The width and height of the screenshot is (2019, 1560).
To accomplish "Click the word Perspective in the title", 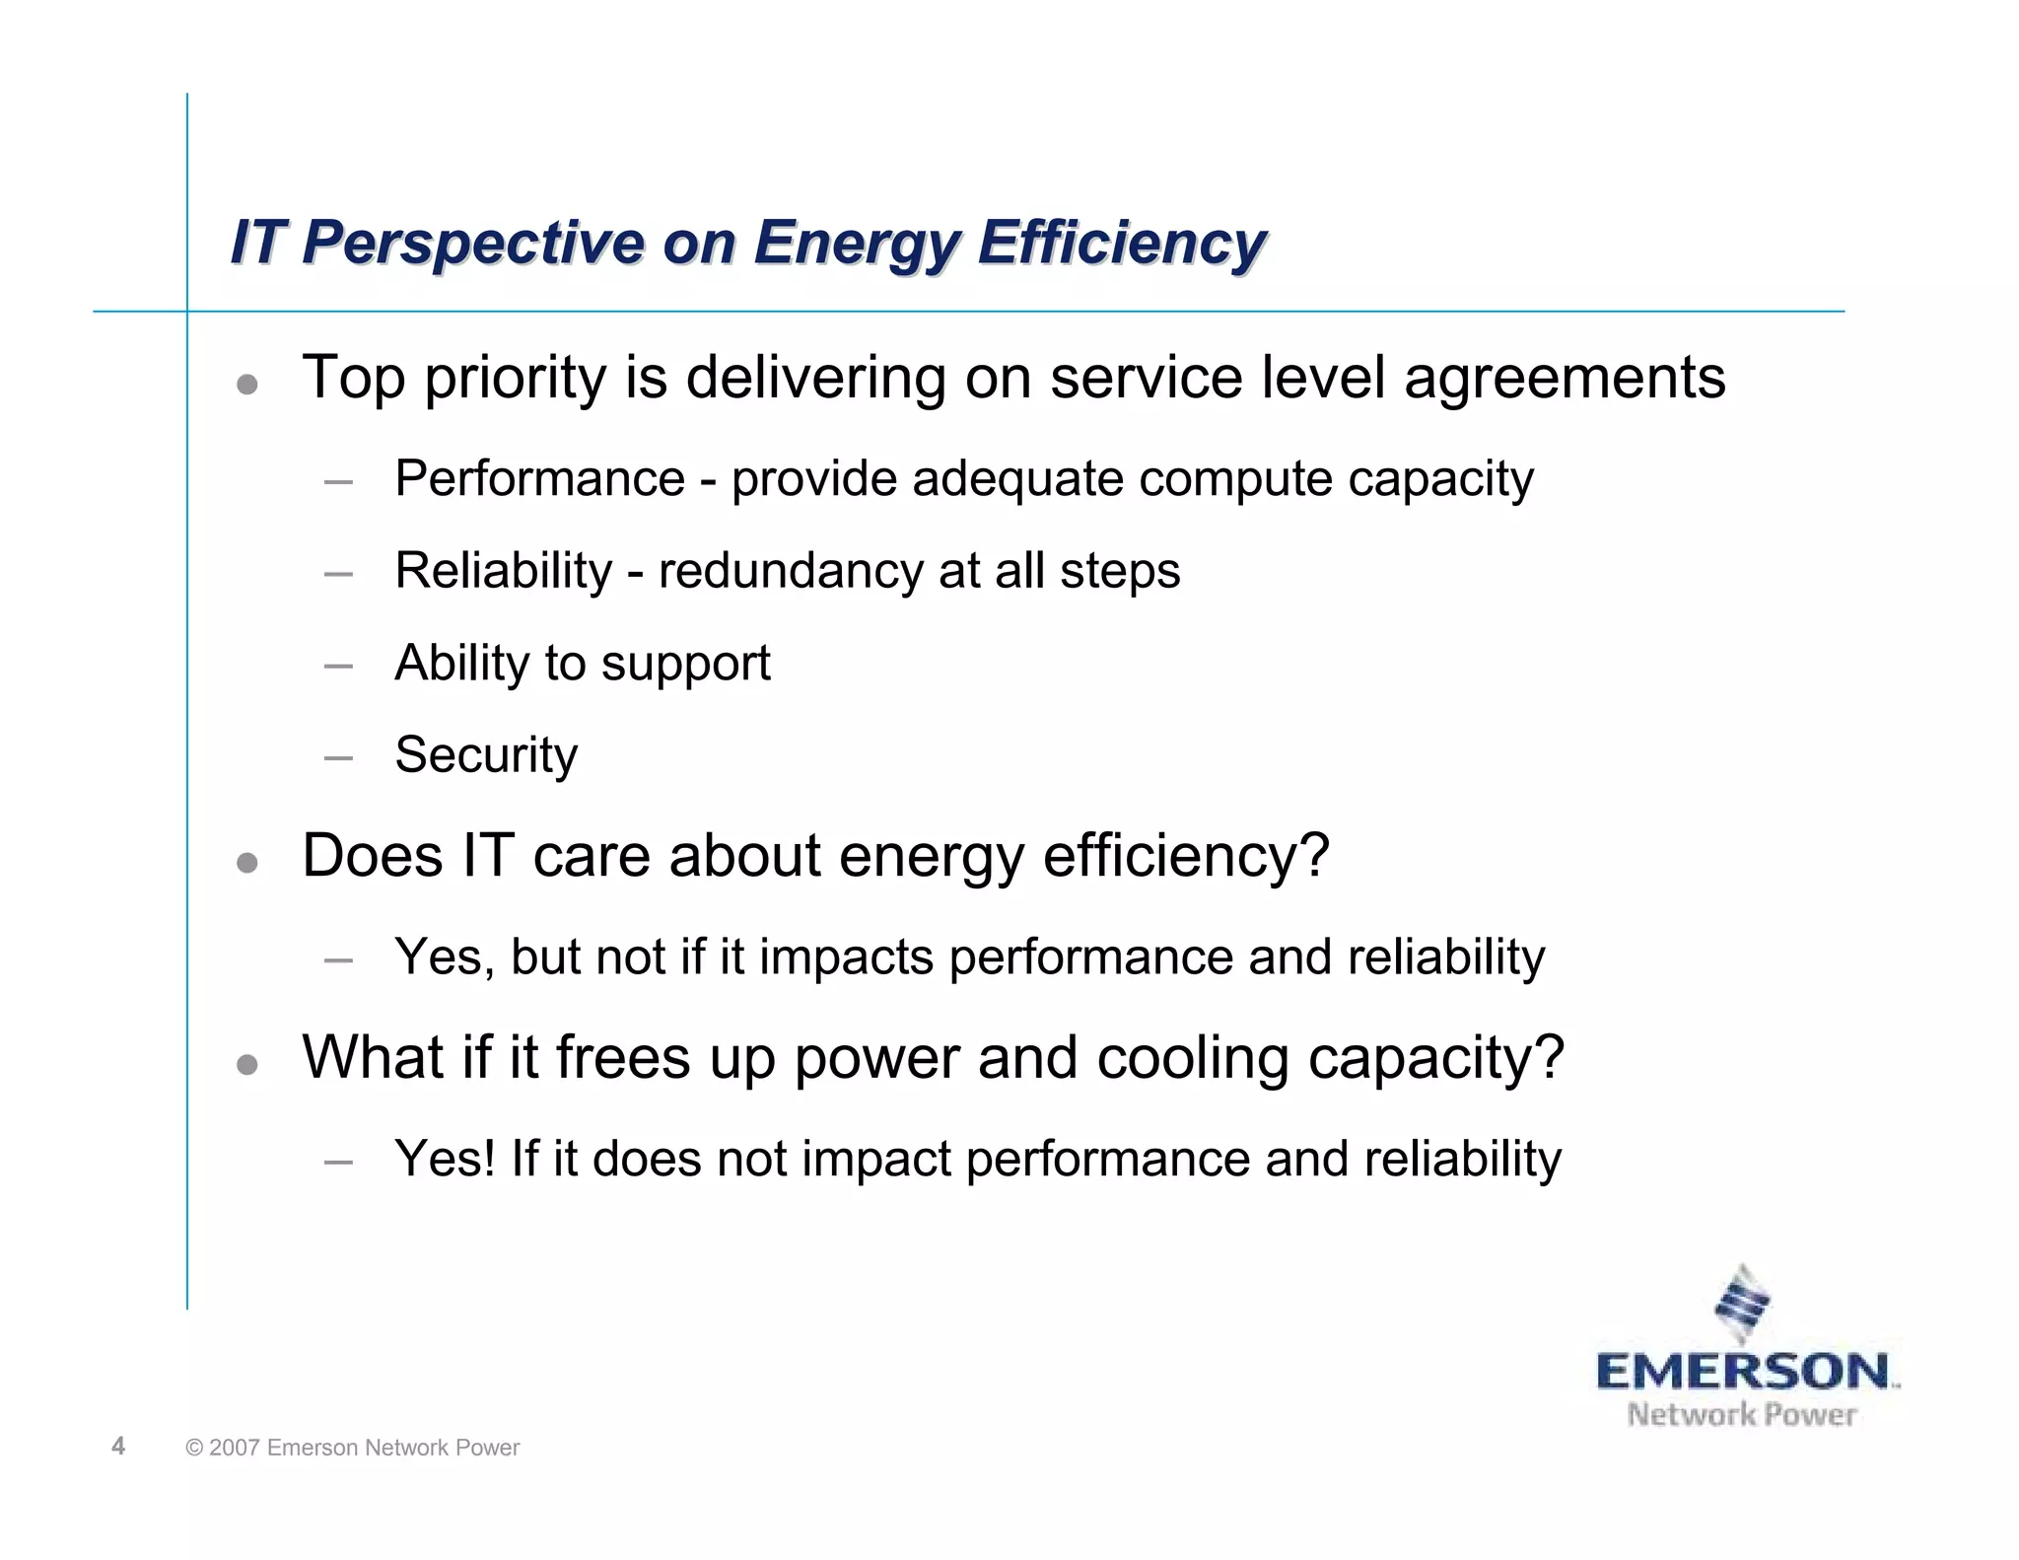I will pos(472,243).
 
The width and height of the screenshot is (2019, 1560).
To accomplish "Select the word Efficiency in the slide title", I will pos(1122,243).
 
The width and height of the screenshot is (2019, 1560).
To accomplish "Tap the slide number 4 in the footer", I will pos(118,1446).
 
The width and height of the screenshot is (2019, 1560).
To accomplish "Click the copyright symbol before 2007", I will pos(194,1448).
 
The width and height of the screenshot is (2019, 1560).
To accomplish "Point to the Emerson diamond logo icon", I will pos(1743,1305).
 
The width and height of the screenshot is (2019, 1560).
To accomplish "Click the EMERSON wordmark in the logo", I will pos(1743,1372).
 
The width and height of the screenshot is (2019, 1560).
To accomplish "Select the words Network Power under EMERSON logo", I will pos(1741,1415).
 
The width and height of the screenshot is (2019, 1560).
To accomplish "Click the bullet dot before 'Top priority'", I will pos(247,384).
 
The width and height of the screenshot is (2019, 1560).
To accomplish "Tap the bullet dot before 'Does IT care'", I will pos(247,863).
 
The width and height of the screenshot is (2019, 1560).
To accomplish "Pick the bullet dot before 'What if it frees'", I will pos(247,1065).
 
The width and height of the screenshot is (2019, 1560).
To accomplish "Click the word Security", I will pos(486,755).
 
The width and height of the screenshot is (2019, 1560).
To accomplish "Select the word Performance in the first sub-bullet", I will pos(539,479).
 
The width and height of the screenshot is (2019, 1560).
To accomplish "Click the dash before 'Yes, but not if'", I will pos(338,959).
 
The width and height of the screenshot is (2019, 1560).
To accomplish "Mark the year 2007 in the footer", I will pos(234,1448).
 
